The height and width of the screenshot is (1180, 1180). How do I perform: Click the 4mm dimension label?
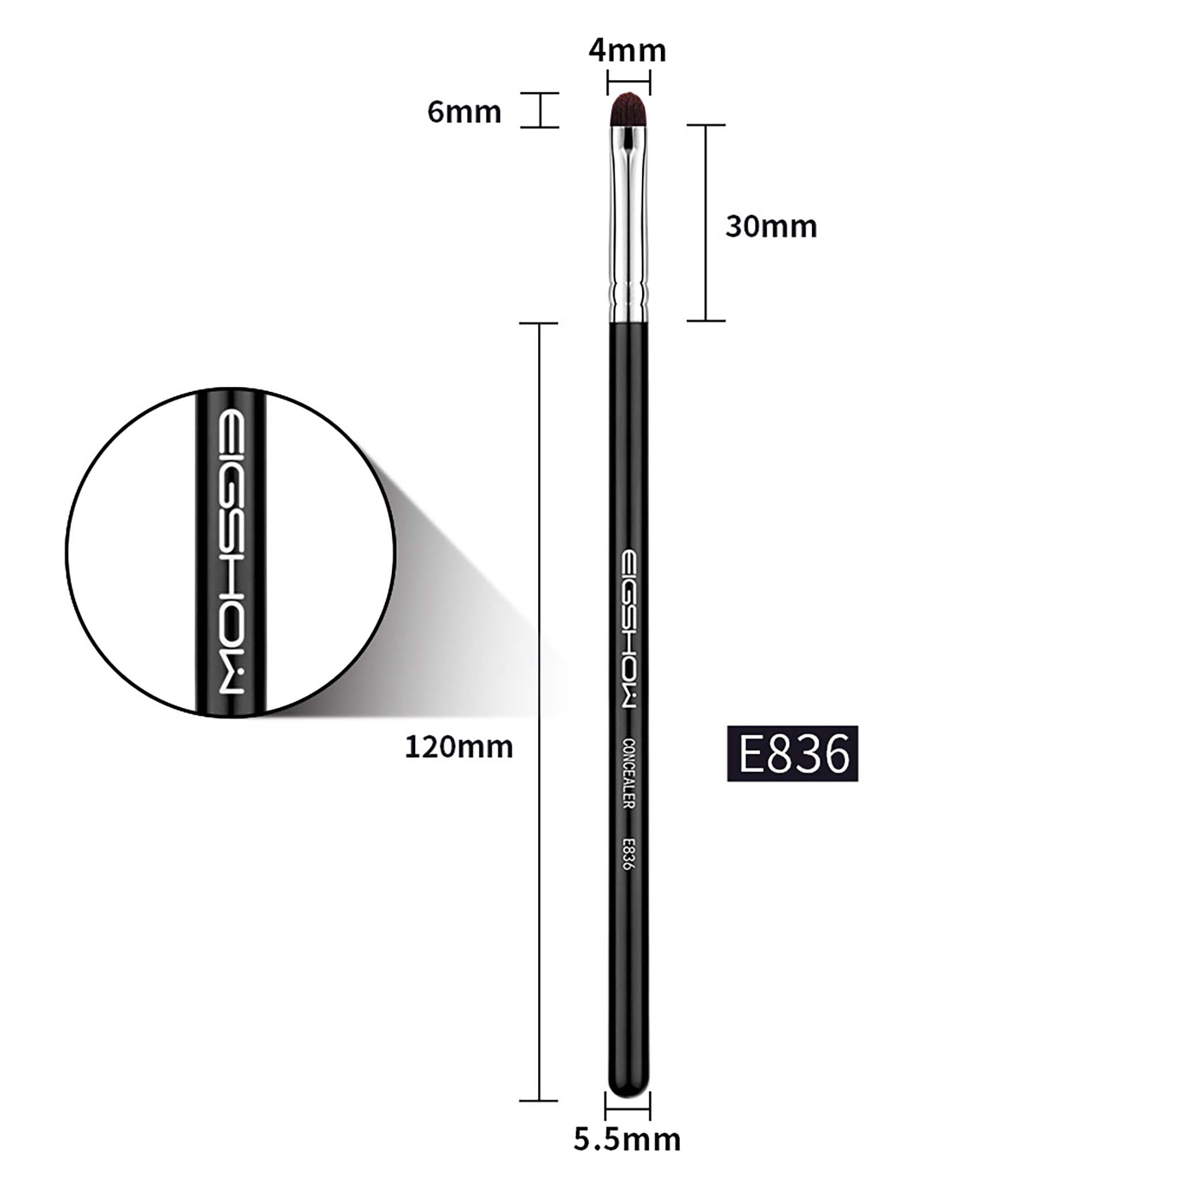coord(627,51)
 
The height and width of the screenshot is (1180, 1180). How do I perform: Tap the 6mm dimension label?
coord(464,112)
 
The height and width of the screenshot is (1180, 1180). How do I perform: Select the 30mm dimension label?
coord(771,226)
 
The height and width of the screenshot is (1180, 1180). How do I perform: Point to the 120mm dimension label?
coord(459,747)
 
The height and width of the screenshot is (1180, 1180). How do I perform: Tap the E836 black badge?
coord(792,754)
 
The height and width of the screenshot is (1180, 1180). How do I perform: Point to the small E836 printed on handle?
coord(629,854)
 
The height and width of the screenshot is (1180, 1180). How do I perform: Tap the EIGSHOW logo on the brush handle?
coord(629,629)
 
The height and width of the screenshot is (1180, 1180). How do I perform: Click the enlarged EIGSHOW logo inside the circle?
coord(232,553)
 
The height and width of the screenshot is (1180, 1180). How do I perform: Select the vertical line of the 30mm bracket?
coord(706,223)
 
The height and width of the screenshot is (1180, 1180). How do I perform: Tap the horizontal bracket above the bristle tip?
coord(629,81)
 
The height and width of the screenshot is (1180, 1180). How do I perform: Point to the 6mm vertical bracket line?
coord(540,110)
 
